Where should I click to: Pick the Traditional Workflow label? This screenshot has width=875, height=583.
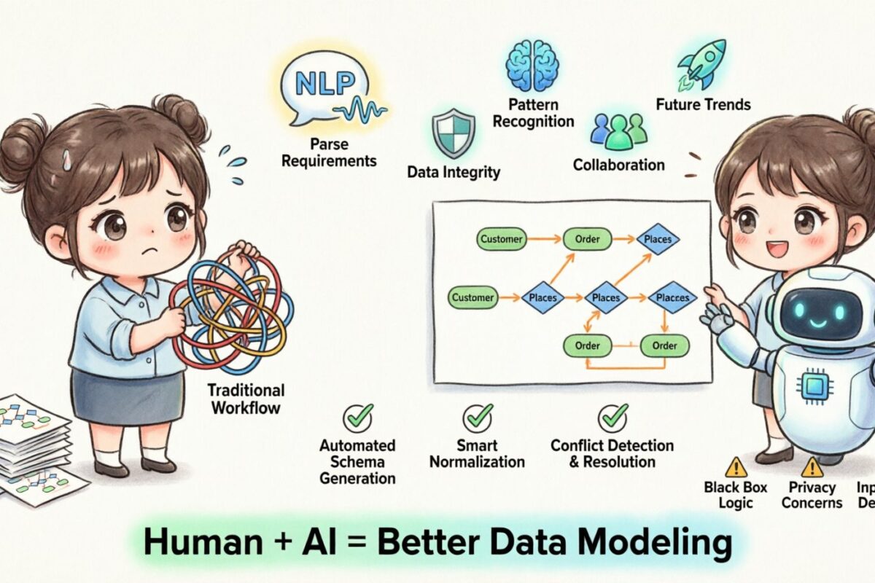point(247,399)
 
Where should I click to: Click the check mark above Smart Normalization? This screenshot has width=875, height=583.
point(478,418)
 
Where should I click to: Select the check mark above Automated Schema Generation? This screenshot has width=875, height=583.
point(357,418)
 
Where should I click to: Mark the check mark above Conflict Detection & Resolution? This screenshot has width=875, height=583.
point(612,418)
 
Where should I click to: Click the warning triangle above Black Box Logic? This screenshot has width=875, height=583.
point(736,466)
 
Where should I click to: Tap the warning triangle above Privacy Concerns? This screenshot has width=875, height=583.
point(812,466)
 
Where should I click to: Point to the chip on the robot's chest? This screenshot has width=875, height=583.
point(814,386)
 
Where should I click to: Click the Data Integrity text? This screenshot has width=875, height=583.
point(454,173)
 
